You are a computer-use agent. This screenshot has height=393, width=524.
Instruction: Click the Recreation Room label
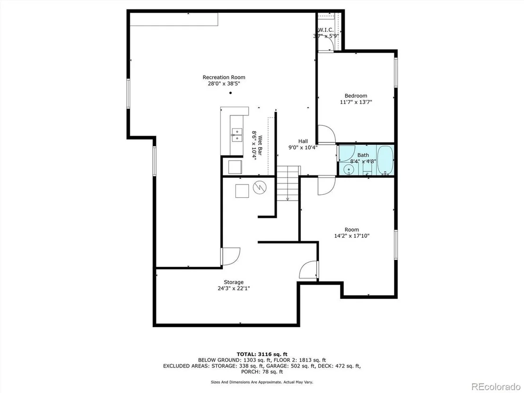coord(224,77)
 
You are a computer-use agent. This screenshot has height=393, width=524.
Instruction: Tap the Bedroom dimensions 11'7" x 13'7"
coord(356,102)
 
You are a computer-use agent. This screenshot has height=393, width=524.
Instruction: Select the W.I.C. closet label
coord(325,30)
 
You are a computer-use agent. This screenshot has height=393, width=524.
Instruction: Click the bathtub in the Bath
coord(385,160)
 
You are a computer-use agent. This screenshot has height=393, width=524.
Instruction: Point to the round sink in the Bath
coord(349,170)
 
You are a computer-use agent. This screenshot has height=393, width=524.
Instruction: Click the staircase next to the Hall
coord(288,183)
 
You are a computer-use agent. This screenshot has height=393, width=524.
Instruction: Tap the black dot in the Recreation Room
coord(230,93)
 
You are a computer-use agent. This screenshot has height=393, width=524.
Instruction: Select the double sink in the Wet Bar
coord(237,134)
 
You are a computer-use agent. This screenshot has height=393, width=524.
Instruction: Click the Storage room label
coord(234,282)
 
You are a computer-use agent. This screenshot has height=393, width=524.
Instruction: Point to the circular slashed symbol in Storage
coord(260,187)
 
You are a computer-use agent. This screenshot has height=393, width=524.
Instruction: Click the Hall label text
coord(303,141)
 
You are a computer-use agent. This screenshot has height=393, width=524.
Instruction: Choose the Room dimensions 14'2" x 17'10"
coord(351,236)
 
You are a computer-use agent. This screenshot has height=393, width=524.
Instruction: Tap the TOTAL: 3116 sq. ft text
coord(262,354)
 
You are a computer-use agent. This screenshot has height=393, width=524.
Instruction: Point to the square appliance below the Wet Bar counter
coord(235,167)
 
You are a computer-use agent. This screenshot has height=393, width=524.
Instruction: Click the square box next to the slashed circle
coord(242,191)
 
